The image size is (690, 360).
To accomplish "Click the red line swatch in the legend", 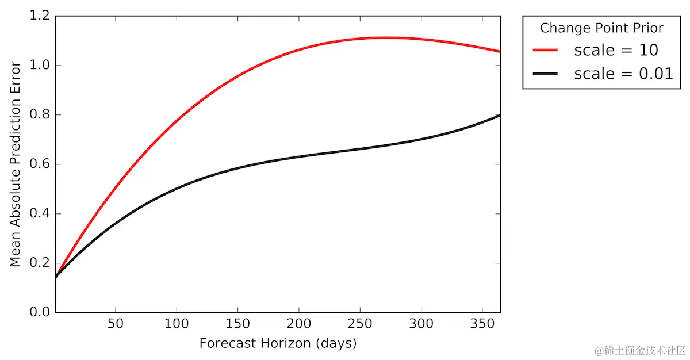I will pyautogui.click(x=545, y=50).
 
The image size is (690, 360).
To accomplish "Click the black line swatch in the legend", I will pyautogui.click(x=545, y=74).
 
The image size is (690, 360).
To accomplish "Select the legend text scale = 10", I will pyautogui.click(x=616, y=50).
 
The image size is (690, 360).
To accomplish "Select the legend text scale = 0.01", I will pyautogui.click(x=623, y=74).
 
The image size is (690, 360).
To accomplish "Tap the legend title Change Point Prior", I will pyautogui.click(x=601, y=28).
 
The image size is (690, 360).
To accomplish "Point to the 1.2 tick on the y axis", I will pyautogui.click(x=40, y=16).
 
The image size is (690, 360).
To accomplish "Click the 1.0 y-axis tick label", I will pyautogui.click(x=40, y=66).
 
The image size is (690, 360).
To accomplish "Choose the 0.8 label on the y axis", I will pyautogui.click(x=40, y=115).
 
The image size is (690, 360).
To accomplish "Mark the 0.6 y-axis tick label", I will pyautogui.click(x=40, y=164).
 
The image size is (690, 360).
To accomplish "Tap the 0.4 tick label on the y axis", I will pyautogui.click(x=40, y=214).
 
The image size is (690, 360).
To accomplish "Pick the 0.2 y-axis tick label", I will pyautogui.click(x=40, y=263).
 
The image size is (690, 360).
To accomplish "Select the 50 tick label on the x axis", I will pyautogui.click(x=116, y=324).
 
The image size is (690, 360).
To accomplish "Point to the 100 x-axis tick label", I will pyautogui.click(x=177, y=324).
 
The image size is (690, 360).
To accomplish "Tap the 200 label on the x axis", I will pyautogui.click(x=299, y=324).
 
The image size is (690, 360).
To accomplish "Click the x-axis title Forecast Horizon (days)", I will pyautogui.click(x=278, y=343).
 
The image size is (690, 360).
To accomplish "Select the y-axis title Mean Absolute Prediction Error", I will pyautogui.click(x=16, y=164).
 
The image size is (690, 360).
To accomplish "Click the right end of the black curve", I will pyautogui.click(x=500, y=115).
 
